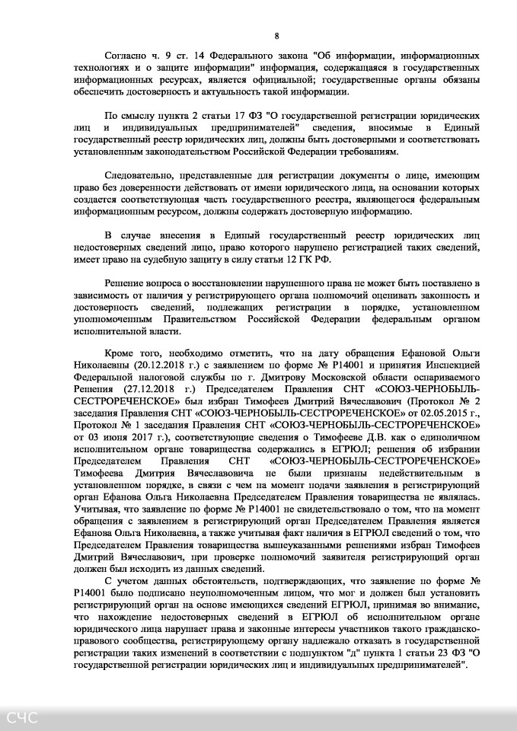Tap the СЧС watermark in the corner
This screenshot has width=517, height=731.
(x=22, y=717)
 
